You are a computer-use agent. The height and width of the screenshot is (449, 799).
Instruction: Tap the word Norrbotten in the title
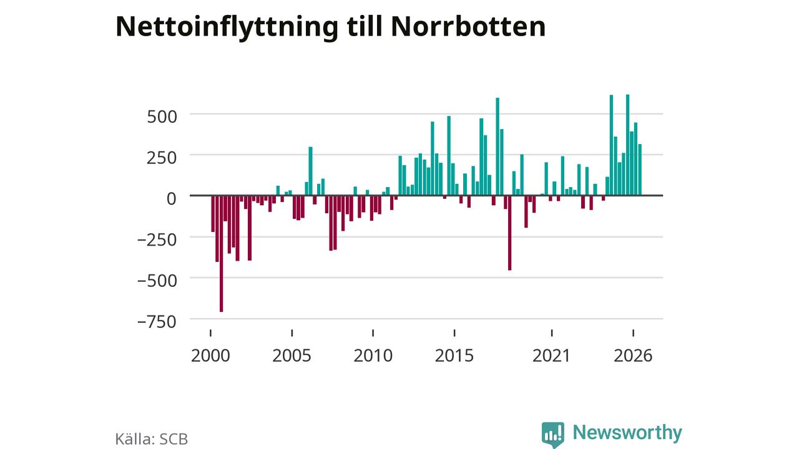coord(468,26)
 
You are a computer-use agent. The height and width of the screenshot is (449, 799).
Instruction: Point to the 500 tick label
coord(162,117)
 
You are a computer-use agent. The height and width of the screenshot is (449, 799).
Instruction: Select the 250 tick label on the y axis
coord(162,158)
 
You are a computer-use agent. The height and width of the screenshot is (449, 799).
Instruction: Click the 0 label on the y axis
coord(172,198)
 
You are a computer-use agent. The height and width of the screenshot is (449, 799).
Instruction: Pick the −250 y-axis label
coord(157,239)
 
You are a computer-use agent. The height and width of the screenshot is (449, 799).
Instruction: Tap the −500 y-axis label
coord(157,281)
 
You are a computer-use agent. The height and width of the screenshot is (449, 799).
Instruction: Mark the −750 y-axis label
coord(157,321)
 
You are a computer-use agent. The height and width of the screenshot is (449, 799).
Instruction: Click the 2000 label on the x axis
coord(210,355)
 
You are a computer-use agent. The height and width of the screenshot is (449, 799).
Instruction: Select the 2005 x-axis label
coord(292,355)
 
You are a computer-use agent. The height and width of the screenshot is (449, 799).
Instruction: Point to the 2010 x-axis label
coord(373,355)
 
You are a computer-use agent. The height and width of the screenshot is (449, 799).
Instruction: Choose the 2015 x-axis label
coord(454,355)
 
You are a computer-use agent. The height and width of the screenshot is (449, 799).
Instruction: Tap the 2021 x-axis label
coord(551,355)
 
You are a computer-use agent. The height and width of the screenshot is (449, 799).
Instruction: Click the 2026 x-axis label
coord(633,355)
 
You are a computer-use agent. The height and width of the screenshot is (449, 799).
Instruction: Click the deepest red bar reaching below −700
coord(222,254)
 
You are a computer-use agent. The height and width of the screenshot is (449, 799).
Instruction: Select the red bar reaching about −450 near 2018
coord(510,233)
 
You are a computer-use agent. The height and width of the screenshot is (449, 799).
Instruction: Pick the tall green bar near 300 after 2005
coord(311,171)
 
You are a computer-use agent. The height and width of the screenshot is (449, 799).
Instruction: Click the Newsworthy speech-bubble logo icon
coord(553,435)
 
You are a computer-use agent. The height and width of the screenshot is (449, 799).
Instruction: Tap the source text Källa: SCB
coord(152,438)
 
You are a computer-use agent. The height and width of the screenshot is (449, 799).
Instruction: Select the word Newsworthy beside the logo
coord(627,433)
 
